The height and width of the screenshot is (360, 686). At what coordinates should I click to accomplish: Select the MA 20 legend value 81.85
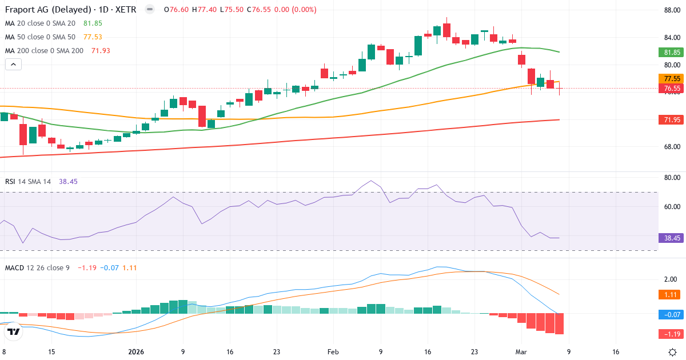pos(93,23)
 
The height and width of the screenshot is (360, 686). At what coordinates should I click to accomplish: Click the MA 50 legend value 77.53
pos(93,37)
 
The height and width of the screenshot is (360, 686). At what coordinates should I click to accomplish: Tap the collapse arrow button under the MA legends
pos(13,65)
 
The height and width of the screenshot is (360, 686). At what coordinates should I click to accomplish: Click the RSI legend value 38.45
pos(68,181)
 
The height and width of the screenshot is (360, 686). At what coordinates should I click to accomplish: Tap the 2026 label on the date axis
pos(136,352)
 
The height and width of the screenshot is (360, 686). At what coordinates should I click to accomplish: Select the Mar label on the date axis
pos(520,352)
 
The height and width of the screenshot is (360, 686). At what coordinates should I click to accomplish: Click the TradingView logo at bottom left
pos(14,331)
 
